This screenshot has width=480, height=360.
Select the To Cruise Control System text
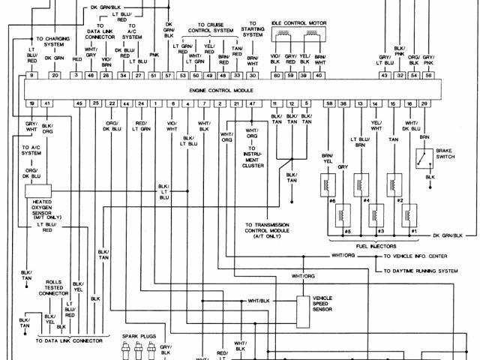coord(211,28)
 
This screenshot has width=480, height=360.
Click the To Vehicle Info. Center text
coord(418,256)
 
